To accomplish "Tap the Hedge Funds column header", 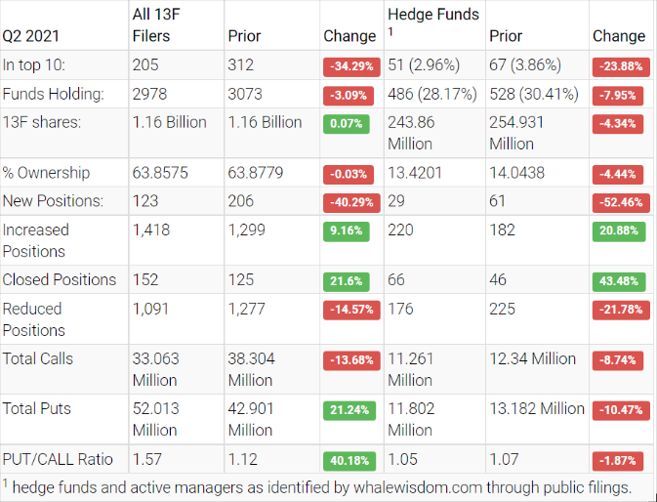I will coord(433,15).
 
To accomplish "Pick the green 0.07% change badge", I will coord(346,125).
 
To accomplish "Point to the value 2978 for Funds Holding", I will coord(152,96).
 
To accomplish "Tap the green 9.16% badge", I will coord(346,232).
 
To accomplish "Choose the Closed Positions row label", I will coord(60,279).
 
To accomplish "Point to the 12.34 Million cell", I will coord(532,358).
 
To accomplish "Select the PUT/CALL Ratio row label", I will coord(58,459).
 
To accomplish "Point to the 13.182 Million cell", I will coord(536,408).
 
